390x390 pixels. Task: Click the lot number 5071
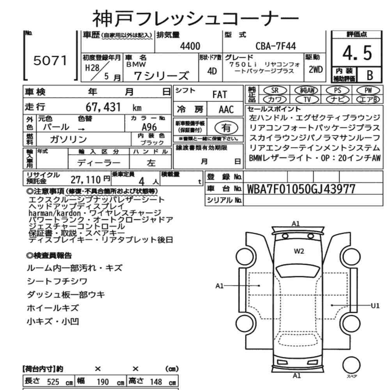coord(50,61)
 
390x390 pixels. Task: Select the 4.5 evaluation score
coord(357,53)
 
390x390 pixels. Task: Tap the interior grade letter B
coord(370,75)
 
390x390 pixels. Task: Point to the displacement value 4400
coord(190,46)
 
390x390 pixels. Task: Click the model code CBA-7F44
coord(276,46)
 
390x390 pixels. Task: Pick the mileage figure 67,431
coord(103,107)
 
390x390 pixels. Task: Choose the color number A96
coord(149,127)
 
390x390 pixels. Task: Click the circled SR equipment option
coord(275,90)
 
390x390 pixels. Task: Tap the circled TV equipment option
coord(307,99)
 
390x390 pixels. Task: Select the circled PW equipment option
coord(368,90)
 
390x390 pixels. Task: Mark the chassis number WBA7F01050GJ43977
coord(301,189)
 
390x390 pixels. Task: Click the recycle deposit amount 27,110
coord(85,179)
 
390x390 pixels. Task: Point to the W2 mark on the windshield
coord(299,251)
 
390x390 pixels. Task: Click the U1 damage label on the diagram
coord(375,305)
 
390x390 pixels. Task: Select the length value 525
coord(53,382)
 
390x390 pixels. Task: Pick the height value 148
coord(156,382)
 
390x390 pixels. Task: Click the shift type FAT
coord(220,94)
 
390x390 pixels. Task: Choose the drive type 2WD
coord(316,69)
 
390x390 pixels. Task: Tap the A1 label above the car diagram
coord(296,224)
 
